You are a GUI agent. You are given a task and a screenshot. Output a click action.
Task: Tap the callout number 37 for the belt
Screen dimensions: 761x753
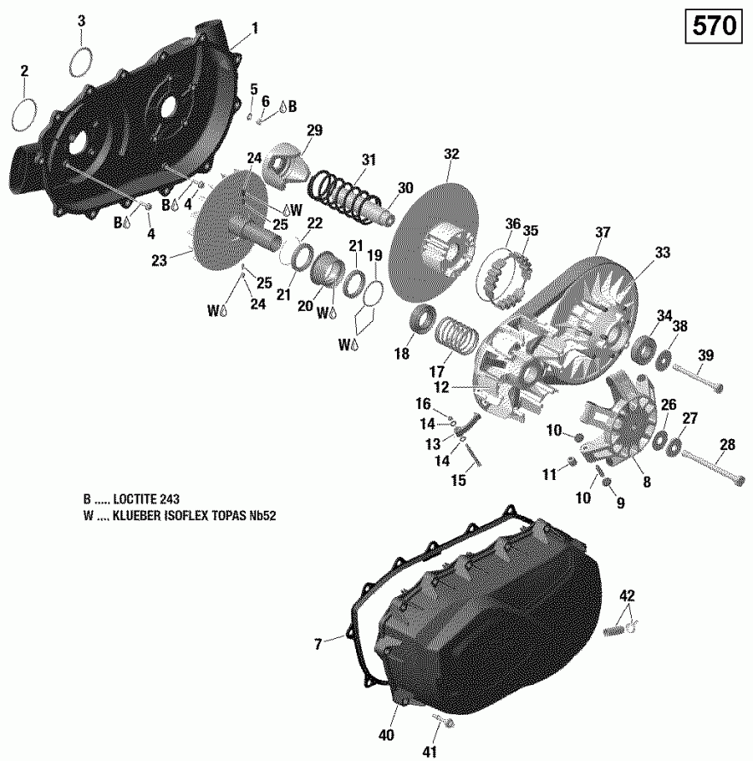(603, 232)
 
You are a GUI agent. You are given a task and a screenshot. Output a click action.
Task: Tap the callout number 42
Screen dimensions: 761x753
(627, 595)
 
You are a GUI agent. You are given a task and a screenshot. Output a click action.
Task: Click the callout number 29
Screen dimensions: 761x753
(314, 130)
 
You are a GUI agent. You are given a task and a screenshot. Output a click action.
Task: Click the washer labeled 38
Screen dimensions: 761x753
(663, 360)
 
